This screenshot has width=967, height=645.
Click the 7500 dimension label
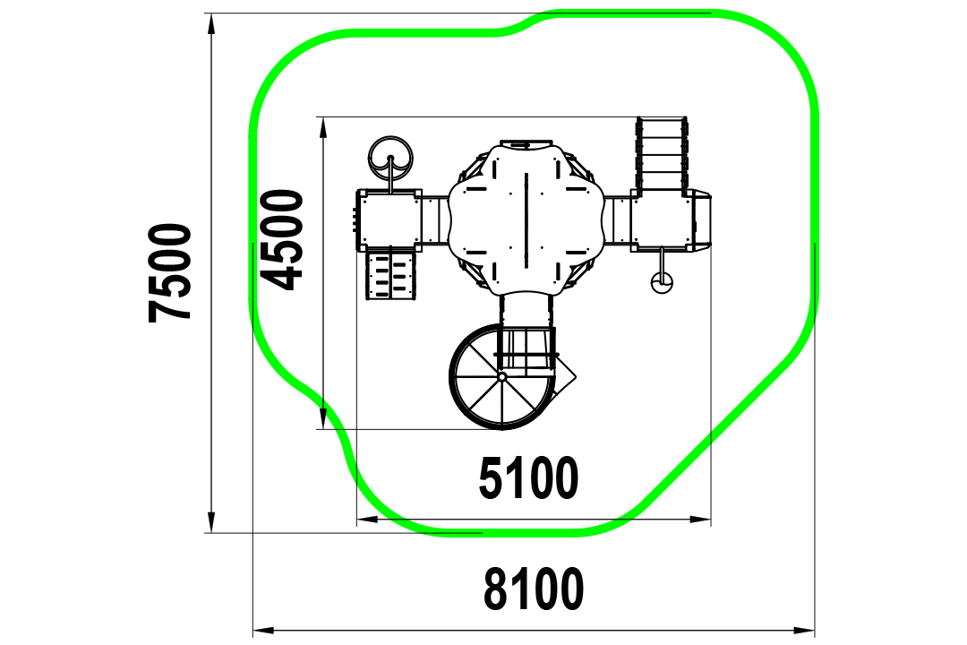tap(169, 272)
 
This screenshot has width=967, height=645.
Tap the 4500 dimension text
tap(282, 239)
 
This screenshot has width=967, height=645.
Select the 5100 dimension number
tap(528, 477)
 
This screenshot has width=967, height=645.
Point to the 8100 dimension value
tap(534, 589)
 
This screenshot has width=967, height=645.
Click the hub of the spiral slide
tap(502, 376)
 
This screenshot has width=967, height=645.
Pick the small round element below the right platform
tap(662, 283)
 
